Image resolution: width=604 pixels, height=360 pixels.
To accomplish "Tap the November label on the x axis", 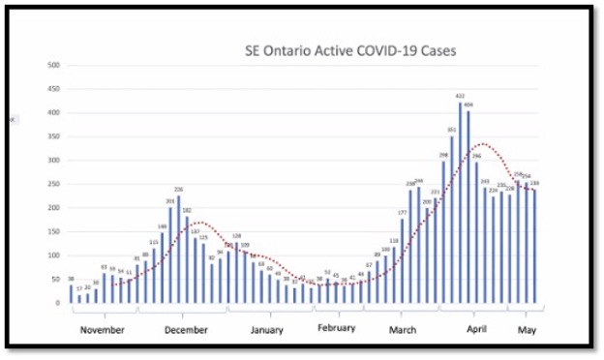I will tap(102, 329).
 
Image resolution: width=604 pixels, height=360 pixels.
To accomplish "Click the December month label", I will tap(186, 329).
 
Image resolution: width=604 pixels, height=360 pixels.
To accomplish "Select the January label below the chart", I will tap(266, 329).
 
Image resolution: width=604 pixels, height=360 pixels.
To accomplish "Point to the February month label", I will tap(338, 328).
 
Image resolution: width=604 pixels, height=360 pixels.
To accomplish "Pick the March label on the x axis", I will tap(404, 329).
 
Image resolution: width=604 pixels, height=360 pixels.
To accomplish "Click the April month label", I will tap(474, 329).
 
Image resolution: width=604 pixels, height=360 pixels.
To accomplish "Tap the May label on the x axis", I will tap(526, 328).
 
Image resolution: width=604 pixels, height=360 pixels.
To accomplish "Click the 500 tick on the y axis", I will tap(53, 65).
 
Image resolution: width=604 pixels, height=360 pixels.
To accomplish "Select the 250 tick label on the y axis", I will tap(53, 184).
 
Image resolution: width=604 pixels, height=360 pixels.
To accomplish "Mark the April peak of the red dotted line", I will tap(476, 145).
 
